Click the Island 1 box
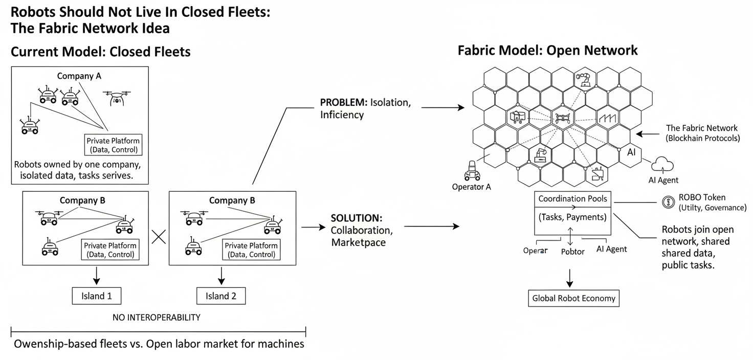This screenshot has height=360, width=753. [x=97, y=295]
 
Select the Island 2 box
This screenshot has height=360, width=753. [x=221, y=295]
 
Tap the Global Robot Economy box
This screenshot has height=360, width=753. [x=573, y=298]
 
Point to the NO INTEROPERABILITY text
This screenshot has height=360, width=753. [x=157, y=318]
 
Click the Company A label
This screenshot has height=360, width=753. [x=79, y=76]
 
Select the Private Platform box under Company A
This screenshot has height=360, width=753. [x=114, y=145]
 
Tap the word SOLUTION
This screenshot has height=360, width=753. [x=356, y=217]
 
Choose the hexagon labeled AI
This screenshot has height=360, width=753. [x=631, y=152]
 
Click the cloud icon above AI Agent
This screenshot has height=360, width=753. [x=662, y=164]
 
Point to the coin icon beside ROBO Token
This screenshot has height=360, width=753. [x=667, y=202]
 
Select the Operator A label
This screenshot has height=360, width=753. [x=471, y=187]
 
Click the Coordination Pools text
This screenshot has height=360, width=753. [x=573, y=198]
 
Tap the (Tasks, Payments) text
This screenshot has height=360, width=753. [x=573, y=217]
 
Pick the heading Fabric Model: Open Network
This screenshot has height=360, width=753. [x=547, y=50]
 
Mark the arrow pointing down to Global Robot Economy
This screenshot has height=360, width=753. [x=569, y=278]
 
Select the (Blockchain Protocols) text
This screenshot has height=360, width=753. [x=703, y=138]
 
